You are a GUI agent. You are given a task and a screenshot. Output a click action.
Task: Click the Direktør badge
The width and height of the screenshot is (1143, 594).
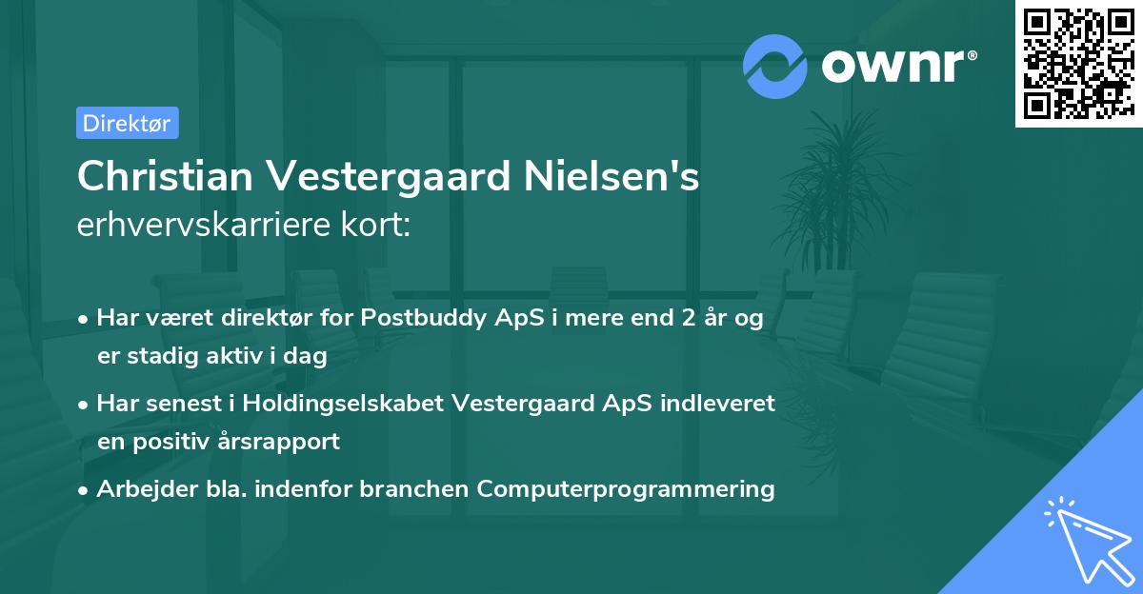pyautogui.click(x=127, y=123)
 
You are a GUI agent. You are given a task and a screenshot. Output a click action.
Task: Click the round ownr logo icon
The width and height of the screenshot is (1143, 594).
pyautogui.click(x=775, y=66)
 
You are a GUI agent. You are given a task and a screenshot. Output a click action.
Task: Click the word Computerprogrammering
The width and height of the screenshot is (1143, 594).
pyautogui.click(x=626, y=489)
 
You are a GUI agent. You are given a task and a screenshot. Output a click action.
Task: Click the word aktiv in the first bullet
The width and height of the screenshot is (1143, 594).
pyautogui.click(x=252, y=357)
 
